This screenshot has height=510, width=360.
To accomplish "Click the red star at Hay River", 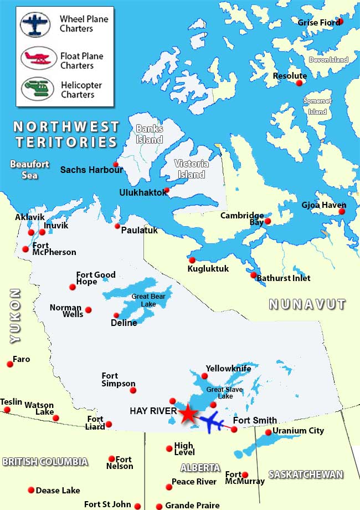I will pos(188,413).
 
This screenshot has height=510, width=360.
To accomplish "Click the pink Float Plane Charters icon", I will pos(39,57).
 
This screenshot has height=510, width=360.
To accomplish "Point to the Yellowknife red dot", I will pos(204,376).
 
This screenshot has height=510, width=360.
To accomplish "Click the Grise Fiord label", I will pos(317,23).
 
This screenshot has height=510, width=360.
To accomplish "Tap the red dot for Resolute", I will pos(300,83).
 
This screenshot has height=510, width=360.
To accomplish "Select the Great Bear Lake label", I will pos(148,300).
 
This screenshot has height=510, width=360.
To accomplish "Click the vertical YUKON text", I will pos(15,315).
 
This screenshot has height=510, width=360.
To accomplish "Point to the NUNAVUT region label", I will pos(307,304).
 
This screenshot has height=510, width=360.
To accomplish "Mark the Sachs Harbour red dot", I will pos(116,164).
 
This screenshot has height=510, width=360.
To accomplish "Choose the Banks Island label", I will pos(150,134).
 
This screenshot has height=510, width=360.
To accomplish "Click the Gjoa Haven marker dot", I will pos(342,212).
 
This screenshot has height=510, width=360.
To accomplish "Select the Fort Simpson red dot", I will pos(133,391).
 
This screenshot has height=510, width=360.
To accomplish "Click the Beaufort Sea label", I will pos(29,170).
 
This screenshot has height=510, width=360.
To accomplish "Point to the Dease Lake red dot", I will pos(31,490).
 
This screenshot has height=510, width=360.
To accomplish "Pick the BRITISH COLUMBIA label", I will pos(45,462).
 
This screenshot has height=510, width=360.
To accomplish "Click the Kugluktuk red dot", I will pos(192,260).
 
